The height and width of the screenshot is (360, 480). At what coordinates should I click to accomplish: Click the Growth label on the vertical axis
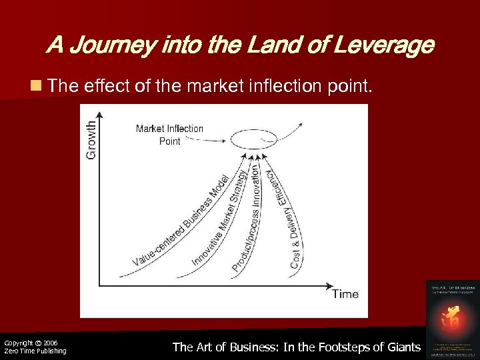click(x=91, y=138)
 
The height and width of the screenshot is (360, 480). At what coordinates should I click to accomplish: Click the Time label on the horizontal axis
click(x=345, y=294)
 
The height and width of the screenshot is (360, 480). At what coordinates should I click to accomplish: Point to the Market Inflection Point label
click(x=169, y=135)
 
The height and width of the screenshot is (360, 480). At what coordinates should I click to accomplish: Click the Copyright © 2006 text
click(x=31, y=343)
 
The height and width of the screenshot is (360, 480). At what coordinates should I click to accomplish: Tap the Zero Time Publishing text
click(x=35, y=351)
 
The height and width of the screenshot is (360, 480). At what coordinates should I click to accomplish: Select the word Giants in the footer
click(x=402, y=347)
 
